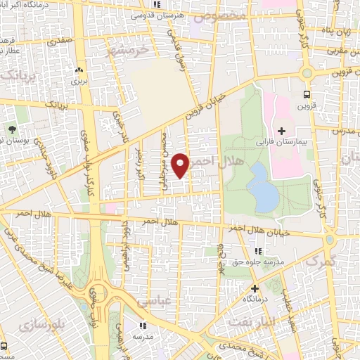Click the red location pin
pyautogui.click(x=181, y=166)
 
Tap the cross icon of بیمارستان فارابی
pyautogui.click(x=281, y=131)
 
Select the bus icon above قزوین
pyautogui.click(x=307, y=94)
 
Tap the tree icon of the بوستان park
pyautogui.click(x=13, y=129)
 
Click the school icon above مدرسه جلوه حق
pyautogui.click(x=258, y=251)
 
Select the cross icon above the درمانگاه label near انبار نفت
pyautogui.click(x=255, y=288)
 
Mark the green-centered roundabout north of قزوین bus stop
pyautogui.click(x=307, y=72)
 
